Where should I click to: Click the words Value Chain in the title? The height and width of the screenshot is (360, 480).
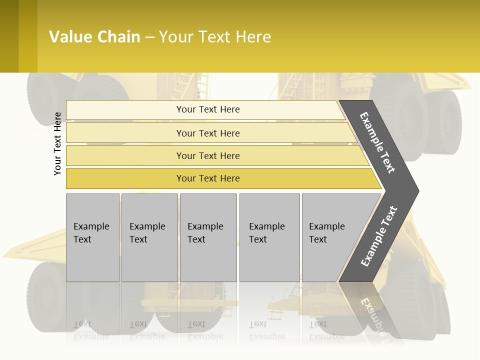(94, 37)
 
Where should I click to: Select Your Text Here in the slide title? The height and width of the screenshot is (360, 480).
(215, 37)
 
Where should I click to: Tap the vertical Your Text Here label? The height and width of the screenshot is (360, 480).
(57, 143)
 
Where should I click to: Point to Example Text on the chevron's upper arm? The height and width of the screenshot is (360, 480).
(377, 142)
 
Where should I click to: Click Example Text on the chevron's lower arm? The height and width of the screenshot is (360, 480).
(379, 236)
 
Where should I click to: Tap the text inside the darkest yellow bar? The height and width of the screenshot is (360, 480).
(208, 178)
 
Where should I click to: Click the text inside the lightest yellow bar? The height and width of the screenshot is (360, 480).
(208, 109)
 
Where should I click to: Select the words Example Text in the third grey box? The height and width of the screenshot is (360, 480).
(205, 232)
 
